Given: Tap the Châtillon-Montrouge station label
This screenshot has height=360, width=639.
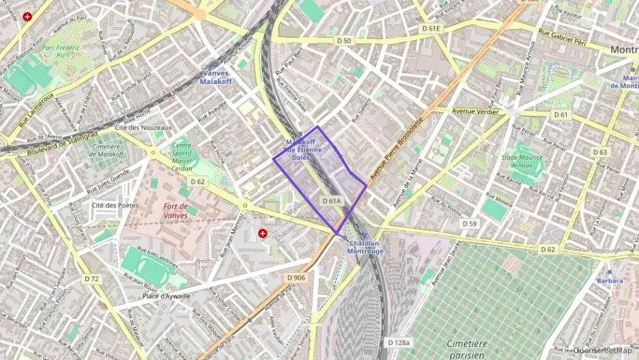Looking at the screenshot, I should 365,247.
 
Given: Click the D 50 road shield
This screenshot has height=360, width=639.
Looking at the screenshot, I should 344,41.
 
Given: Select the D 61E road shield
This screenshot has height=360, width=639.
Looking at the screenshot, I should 431,29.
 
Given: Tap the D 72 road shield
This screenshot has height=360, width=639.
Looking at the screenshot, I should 92,279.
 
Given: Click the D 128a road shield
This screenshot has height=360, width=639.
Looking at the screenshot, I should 399,342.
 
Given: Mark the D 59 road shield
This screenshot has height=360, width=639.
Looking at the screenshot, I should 468,223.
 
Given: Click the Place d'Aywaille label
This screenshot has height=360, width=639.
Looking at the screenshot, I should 167,296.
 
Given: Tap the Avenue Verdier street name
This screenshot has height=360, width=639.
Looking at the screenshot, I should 476,111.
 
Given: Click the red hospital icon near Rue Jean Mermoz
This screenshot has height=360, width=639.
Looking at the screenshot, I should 262,234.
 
